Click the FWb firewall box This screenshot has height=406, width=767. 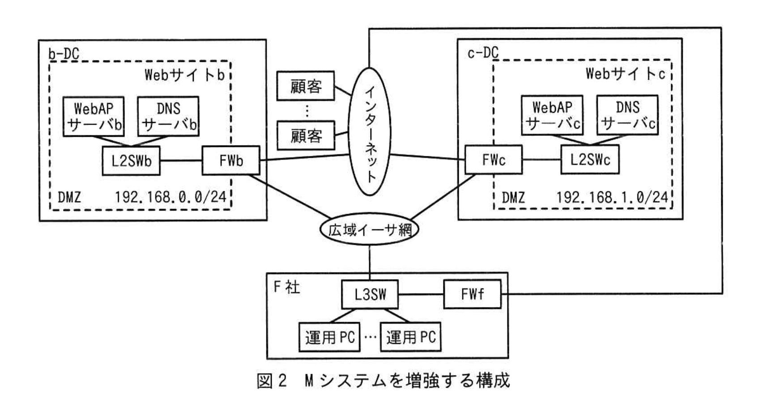tap(230, 160)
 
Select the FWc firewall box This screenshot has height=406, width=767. tap(493, 160)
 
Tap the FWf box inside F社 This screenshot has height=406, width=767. tap(472, 294)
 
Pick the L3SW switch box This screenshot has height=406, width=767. tap(370, 294)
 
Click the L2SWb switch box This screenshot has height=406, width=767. tap(131, 160)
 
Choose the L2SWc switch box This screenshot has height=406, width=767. tap(590, 160)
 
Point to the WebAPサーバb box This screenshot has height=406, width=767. tap(94, 117)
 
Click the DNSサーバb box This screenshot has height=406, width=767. tap(168, 117)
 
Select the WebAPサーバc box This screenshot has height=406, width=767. tap(552, 115)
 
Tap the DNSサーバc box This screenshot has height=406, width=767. tap(627, 115)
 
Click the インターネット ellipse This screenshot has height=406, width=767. tap(370, 131)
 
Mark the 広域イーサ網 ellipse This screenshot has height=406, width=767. tap(370, 229)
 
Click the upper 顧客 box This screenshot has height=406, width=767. tap(306, 86)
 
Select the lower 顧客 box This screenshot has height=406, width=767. tap(306, 135)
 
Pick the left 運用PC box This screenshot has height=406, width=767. tap(329, 337)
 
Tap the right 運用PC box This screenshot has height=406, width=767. tap(410, 337)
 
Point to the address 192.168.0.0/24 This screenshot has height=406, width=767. tap(170, 197)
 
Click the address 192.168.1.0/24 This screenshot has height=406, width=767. tap(612, 197)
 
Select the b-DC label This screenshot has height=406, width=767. tap(64, 54)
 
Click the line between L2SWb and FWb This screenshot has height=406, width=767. tap(181, 160)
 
